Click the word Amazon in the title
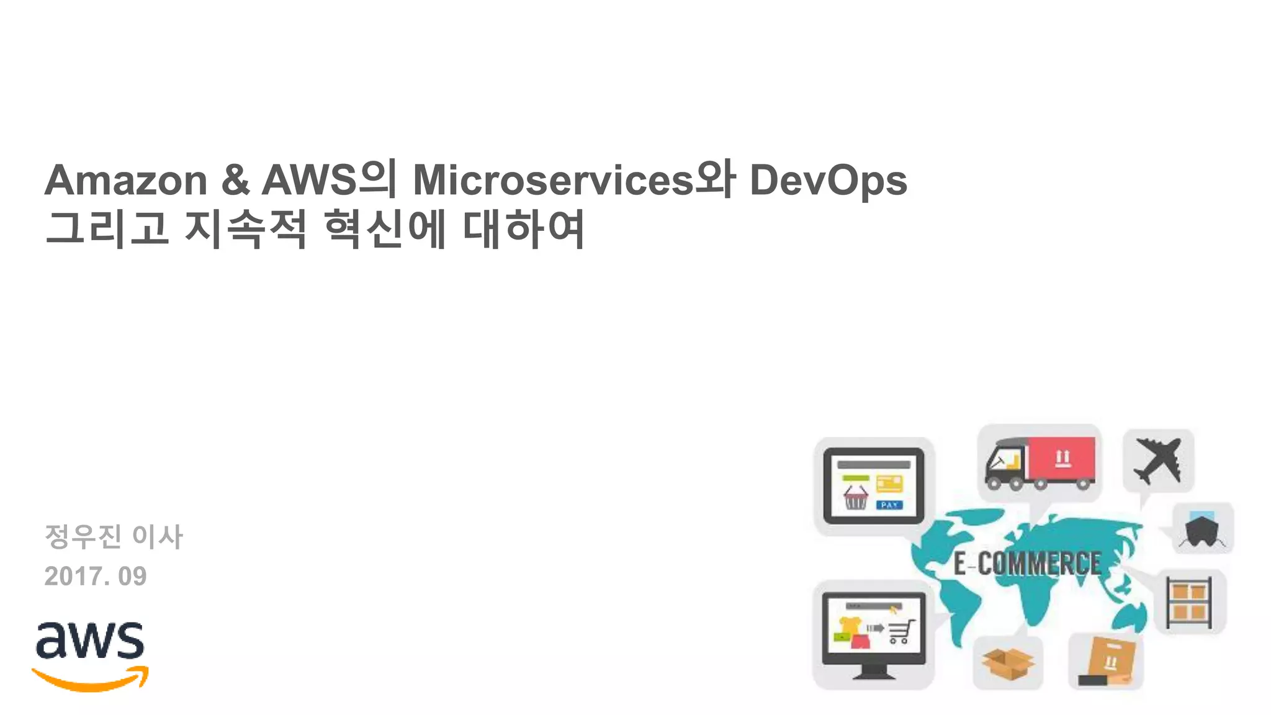(x=126, y=181)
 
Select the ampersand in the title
(x=235, y=181)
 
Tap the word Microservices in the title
(x=552, y=181)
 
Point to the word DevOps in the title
(x=828, y=182)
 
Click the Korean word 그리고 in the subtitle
(x=107, y=228)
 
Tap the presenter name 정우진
(x=83, y=536)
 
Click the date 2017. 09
(x=96, y=577)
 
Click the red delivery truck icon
(x=1040, y=463)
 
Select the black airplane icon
(x=1158, y=460)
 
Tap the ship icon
(x=1203, y=529)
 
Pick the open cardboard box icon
(x=1008, y=663)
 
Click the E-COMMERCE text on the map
(x=1027, y=564)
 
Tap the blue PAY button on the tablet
(x=889, y=505)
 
